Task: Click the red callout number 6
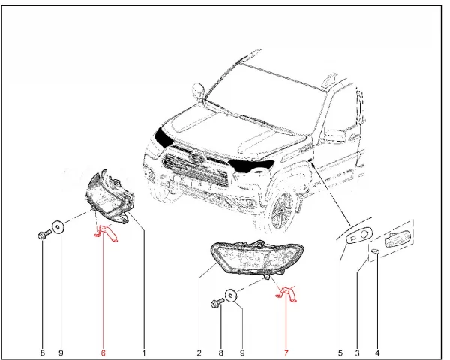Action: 103,352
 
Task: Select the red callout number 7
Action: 286,352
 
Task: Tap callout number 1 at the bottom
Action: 144,352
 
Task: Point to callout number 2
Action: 199,352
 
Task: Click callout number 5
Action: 340,352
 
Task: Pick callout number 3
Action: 357,352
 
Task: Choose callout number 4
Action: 377,352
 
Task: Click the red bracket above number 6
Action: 106,233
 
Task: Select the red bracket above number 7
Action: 287,294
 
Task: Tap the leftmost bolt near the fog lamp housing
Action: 44,234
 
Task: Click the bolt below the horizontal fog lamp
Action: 217,302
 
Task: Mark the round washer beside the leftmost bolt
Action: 58,227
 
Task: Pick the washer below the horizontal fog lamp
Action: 230,295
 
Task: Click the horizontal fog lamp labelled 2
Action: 256,257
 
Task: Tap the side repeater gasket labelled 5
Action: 359,235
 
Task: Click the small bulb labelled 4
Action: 375,251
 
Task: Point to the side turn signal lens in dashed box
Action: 397,238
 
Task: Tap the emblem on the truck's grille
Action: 196,157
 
